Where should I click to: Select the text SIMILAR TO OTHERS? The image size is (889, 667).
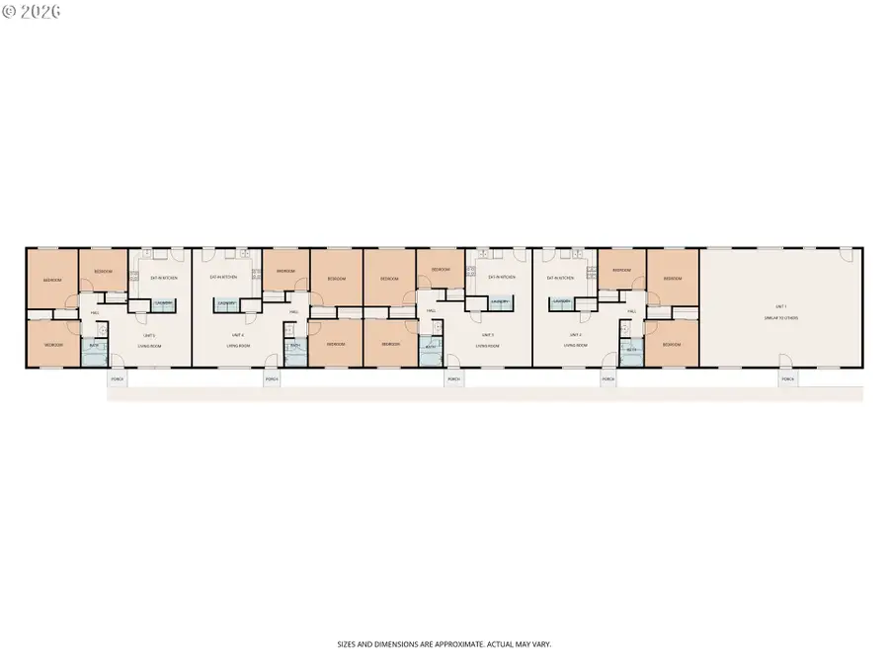[x=780, y=318]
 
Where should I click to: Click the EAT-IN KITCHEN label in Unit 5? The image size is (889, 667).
[x=164, y=278]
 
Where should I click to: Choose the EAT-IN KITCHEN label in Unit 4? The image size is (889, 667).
[x=224, y=278]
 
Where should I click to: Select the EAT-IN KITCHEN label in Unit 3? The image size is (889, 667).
[x=502, y=278]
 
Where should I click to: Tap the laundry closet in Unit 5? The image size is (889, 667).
[x=164, y=303]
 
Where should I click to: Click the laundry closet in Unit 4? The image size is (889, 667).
[x=226, y=303]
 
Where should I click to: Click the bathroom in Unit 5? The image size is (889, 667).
[x=93, y=349]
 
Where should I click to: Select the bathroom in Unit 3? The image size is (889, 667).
[x=430, y=349]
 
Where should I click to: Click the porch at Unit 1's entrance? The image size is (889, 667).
[x=787, y=379]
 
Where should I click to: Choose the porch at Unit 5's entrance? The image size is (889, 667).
[x=118, y=379]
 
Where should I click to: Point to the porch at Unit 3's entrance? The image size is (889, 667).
[x=453, y=379]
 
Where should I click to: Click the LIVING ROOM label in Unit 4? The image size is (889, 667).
[x=237, y=346]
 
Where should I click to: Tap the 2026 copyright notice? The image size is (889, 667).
[x=32, y=12]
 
